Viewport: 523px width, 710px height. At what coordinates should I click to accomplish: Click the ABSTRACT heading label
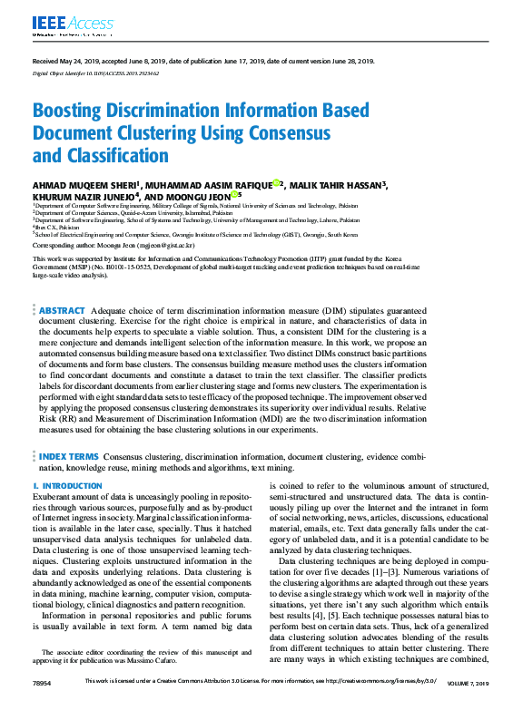(62, 310)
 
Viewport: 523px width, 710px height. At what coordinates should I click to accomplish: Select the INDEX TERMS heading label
(68, 456)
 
